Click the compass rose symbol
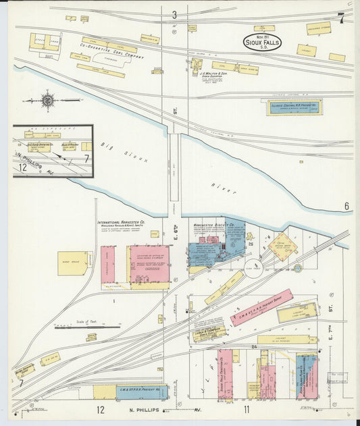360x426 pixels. coord(48,101)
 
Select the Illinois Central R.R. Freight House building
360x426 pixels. coord(294,107)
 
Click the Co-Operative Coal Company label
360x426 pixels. coord(112,57)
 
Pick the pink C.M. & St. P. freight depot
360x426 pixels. coord(261,308)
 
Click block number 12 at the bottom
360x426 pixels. coord(100,409)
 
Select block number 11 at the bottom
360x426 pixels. coord(247,409)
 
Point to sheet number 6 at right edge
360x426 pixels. coord(346,206)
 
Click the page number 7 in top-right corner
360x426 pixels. coord(342,18)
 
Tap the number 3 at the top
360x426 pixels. coord(174,15)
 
